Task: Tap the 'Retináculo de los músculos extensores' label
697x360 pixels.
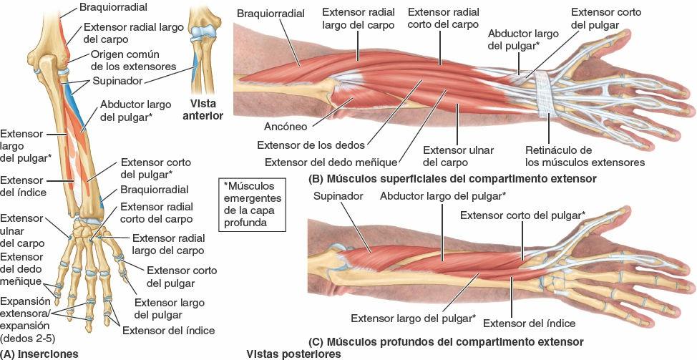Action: coord(585,156)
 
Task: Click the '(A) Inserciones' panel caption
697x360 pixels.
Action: coord(39,354)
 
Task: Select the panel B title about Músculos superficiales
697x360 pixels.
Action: coord(451,178)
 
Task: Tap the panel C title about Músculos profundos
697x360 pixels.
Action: coord(444,341)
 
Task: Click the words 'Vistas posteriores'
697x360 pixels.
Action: coord(294,354)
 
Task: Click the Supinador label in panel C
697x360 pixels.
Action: coord(338,195)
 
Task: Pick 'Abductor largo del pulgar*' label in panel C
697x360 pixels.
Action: coord(443,195)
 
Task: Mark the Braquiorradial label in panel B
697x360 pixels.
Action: coord(270,14)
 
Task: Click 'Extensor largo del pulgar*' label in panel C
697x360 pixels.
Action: coord(413,318)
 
